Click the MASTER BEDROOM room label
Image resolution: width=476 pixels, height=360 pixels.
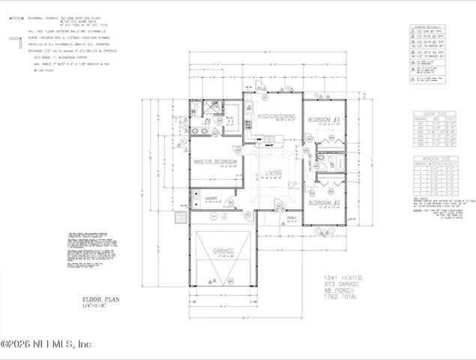pos(215,161)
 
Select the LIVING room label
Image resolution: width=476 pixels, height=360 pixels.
pos(274,173)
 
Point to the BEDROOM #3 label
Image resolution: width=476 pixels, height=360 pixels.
pos(326,119)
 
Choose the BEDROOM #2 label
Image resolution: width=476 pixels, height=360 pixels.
pos(326,202)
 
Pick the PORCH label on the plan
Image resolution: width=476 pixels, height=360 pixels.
pos(271,219)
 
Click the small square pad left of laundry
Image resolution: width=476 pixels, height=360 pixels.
pos(179,219)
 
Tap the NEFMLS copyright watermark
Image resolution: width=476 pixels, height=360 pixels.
pos(45,344)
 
